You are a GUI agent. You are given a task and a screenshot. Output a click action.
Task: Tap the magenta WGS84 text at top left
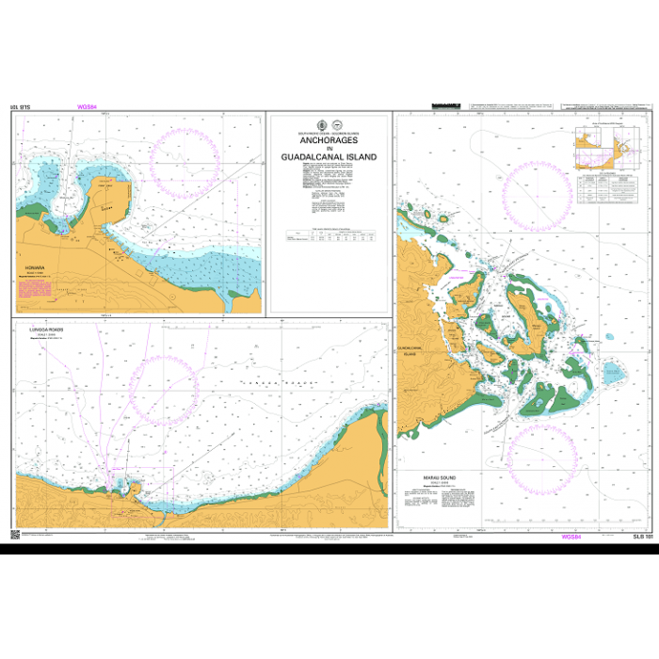[88, 107]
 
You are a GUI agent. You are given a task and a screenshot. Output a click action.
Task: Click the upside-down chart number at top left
[20, 107]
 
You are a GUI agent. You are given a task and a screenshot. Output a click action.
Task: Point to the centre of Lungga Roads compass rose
[162, 390]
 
